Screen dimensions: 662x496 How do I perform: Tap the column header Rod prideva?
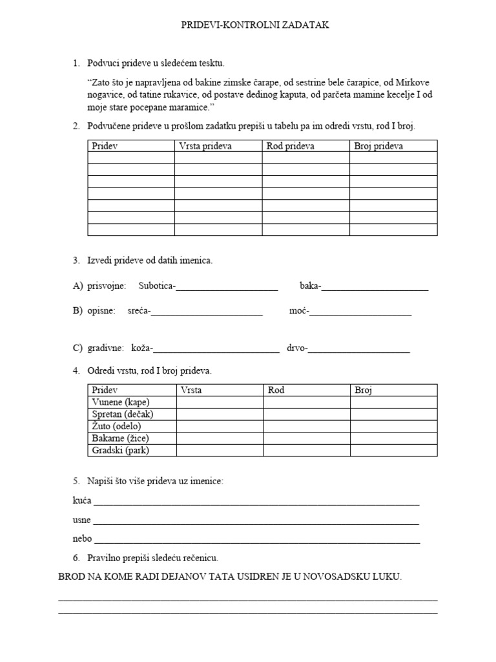(291, 146)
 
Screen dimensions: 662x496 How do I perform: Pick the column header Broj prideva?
(378, 146)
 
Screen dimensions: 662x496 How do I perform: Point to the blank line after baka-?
(375, 286)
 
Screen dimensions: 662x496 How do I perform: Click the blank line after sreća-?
(207, 312)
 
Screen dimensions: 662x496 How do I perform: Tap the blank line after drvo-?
(359, 349)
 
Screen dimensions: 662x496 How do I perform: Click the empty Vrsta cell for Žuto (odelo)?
(220, 427)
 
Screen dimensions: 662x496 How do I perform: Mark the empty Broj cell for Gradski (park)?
(393, 451)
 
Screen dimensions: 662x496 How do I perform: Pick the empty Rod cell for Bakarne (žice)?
(307, 438)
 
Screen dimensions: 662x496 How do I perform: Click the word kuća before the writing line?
(81, 501)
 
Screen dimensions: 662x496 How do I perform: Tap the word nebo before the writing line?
(82, 539)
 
